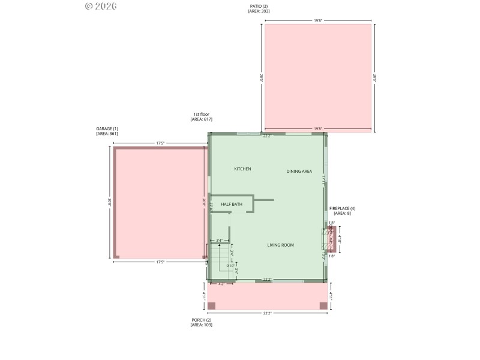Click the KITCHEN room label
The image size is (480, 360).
click(x=242, y=169)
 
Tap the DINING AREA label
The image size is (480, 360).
click(x=299, y=172)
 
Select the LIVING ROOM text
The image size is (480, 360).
click(x=280, y=245)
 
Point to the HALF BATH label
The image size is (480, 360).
click(x=232, y=205)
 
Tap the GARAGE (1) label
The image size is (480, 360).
click(x=107, y=128)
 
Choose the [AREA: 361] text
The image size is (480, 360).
click(x=107, y=134)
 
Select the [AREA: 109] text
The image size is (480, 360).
click(x=201, y=325)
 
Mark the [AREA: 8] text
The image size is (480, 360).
click(x=343, y=214)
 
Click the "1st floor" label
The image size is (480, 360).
click(x=201, y=114)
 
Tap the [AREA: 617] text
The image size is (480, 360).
click(x=201, y=120)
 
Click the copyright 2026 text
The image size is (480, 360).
click(x=101, y=6)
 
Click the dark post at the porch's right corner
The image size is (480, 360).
click(x=323, y=306)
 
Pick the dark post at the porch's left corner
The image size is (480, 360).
click(x=212, y=306)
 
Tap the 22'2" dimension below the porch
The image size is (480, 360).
click(x=268, y=314)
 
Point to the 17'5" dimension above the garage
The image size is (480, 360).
click(x=160, y=143)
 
